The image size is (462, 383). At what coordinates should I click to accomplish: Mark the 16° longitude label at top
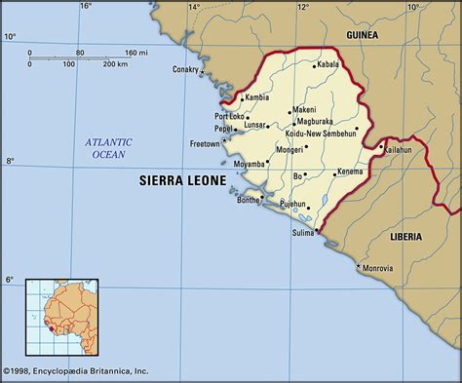86,7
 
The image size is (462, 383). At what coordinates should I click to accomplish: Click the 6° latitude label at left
10,280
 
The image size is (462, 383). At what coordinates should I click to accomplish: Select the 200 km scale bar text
115,64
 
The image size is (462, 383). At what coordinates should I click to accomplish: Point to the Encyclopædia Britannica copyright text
78,371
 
